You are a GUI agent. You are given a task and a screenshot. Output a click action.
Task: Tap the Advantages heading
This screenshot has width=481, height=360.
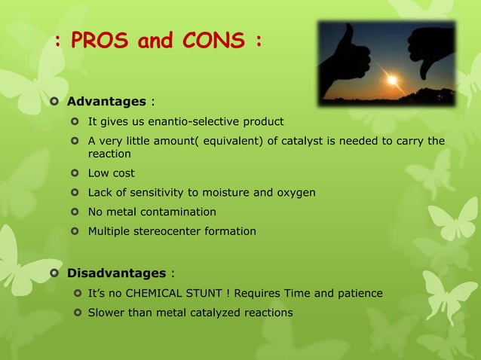[x=106, y=101]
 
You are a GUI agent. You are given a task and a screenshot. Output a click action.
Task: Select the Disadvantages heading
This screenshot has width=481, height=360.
[x=116, y=273]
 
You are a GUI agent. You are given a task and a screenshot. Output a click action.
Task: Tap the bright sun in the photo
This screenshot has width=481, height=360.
[x=391, y=79]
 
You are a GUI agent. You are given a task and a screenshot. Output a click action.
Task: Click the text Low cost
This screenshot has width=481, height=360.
[x=112, y=173]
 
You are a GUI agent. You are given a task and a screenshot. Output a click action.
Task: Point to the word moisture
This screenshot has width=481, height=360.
[x=228, y=193]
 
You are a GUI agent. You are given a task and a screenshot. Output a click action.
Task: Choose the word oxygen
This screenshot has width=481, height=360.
[x=295, y=193]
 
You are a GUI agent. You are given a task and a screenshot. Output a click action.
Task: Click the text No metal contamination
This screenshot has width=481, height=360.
[x=152, y=212]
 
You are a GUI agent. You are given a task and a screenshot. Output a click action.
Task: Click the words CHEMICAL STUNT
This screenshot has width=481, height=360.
[x=176, y=293]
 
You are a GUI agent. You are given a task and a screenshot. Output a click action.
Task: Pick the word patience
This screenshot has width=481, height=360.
[x=359, y=293]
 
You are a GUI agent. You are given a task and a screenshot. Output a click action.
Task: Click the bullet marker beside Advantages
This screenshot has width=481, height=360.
[x=54, y=101]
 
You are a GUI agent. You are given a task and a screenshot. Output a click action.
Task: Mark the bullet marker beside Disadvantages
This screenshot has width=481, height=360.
[x=54, y=273]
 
